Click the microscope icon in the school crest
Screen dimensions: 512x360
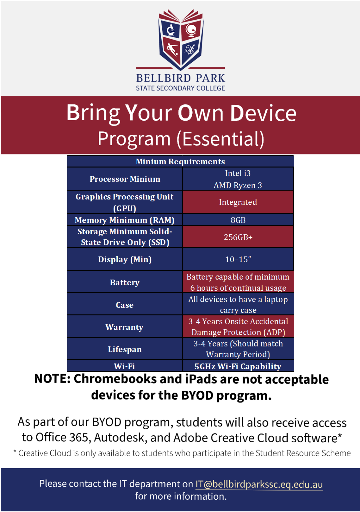[x=171, y=30]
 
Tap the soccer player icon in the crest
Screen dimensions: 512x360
[x=172, y=49]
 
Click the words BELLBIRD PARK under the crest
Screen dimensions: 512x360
[x=180, y=78]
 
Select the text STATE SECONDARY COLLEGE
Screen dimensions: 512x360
[x=180, y=88]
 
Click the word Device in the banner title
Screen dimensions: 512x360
[x=263, y=113]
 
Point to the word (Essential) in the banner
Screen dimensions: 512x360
[x=220, y=139]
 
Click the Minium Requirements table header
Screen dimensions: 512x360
[x=180, y=161]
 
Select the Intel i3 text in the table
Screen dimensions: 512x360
[x=238, y=173]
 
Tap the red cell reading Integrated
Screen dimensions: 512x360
[x=238, y=202]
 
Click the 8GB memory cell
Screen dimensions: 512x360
[x=238, y=220]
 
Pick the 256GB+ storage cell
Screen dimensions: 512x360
[x=238, y=237]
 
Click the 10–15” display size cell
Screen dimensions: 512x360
[x=238, y=259]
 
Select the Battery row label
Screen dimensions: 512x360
[x=125, y=282]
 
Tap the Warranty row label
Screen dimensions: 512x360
[x=124, y=327]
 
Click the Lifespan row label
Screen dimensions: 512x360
[x=125, y=349]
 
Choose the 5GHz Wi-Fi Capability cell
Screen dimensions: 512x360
[x=238, y=366]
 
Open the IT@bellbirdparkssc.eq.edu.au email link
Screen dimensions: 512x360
[x=259, y=484]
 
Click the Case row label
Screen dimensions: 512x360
[x=125, y=305]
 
